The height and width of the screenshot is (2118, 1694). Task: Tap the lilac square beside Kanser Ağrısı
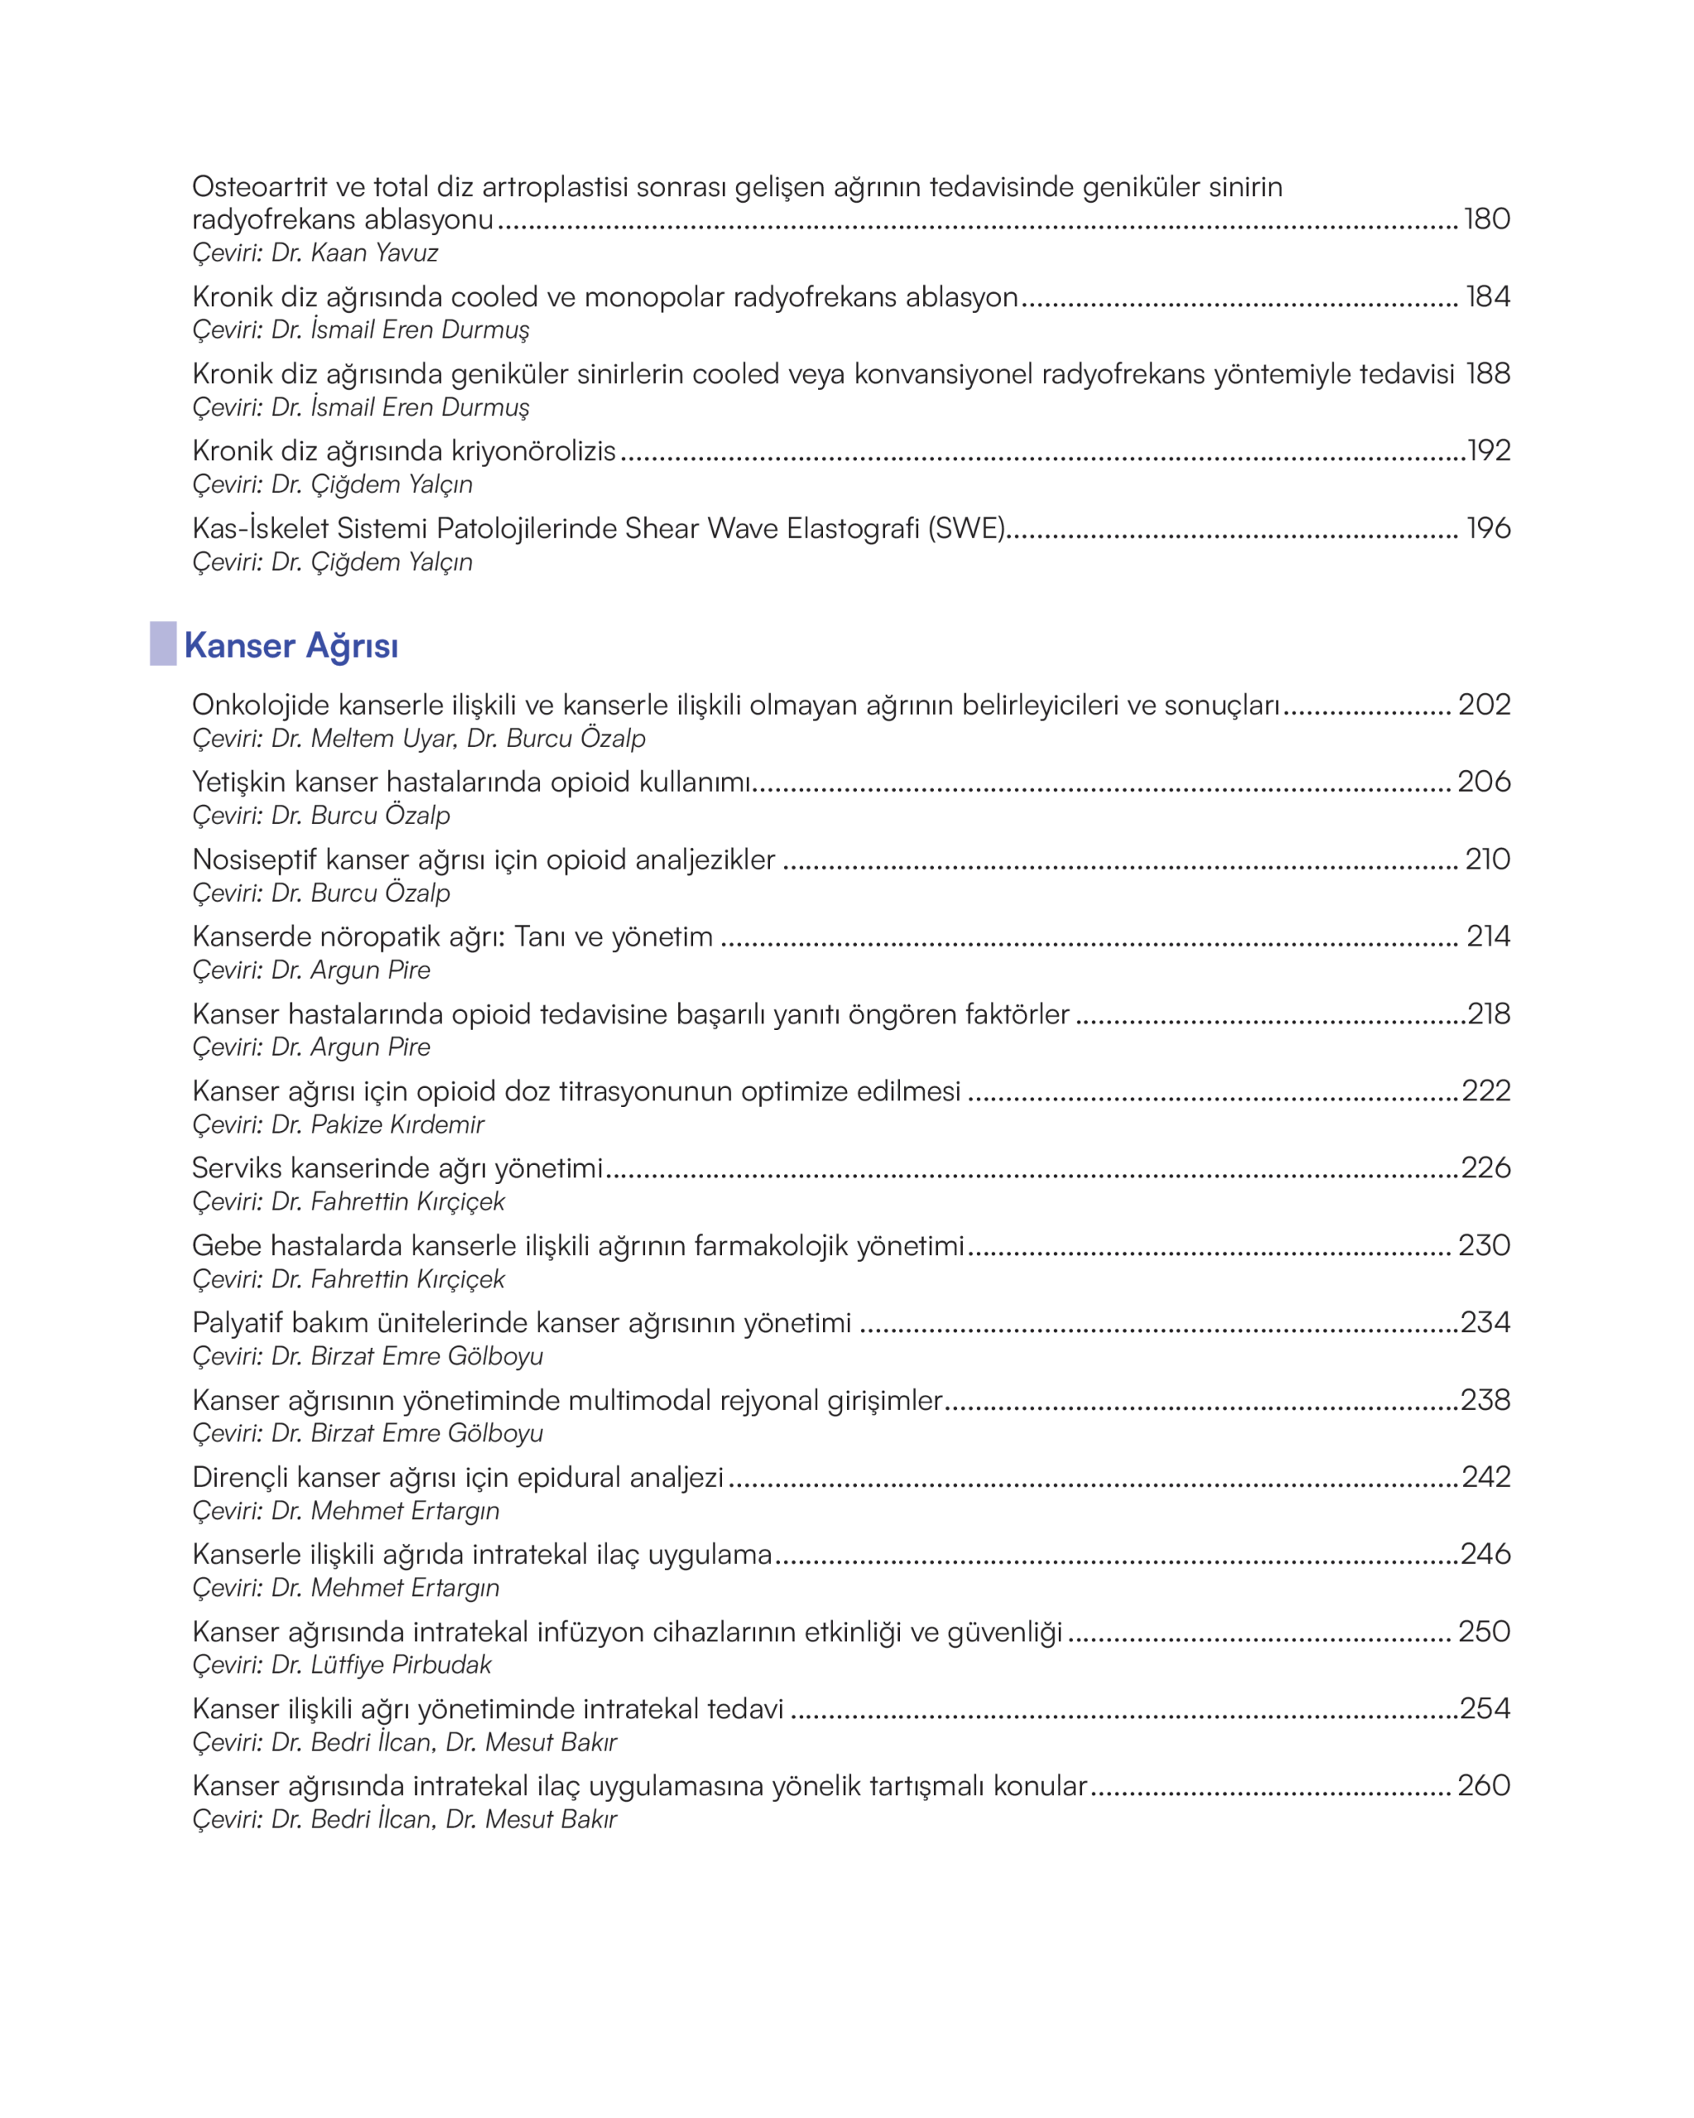point(163,644)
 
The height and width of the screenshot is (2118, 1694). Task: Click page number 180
point(1486,218)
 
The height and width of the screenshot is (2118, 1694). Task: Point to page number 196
point(1488,528)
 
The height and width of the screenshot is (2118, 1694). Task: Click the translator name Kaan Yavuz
point(374,252)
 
